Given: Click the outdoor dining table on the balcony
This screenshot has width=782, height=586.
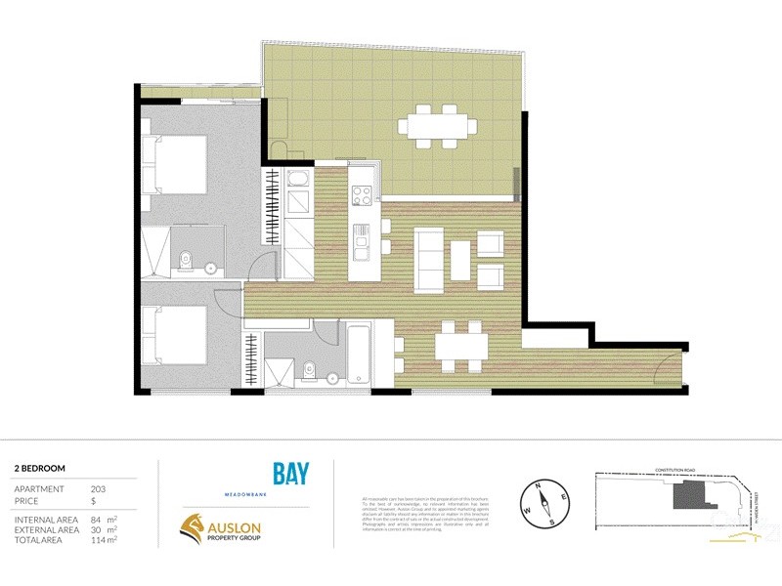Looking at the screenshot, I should click(x=437, y=126).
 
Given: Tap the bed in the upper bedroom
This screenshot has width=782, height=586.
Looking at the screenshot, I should click(x=176, y=166).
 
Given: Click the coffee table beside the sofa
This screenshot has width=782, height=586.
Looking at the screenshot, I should click(x=460, y=259).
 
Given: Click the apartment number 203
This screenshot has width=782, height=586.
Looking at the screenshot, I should click(x=97, y=488).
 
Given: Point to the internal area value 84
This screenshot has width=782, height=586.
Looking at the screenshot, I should click(x=96, y=520).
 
